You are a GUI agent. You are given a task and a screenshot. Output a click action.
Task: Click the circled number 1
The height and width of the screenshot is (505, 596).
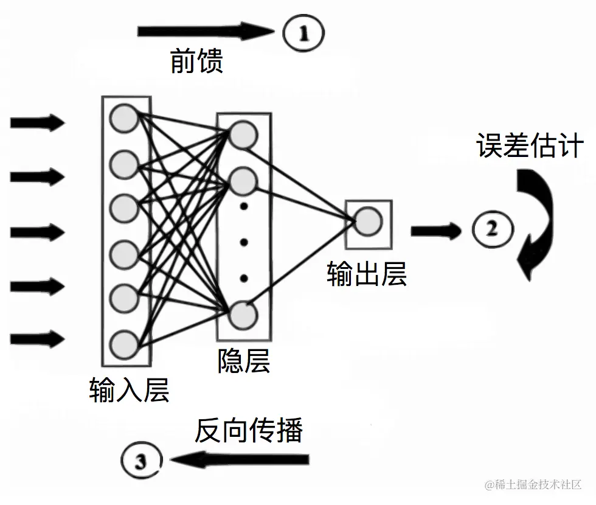click(x=303, y=33)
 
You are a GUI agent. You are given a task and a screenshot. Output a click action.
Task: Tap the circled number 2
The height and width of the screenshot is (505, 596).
click(x=493, y=229)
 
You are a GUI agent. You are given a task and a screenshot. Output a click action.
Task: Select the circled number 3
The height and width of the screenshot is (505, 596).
click(x=141, y=461)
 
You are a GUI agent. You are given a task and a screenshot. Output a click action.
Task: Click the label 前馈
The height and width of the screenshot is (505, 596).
click(x=196, y=61)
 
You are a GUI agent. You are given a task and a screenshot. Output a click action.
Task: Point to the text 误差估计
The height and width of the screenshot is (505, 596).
click(x=530, y=145)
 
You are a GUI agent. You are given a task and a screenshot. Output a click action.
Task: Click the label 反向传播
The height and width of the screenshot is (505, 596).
click(x=249, y=430)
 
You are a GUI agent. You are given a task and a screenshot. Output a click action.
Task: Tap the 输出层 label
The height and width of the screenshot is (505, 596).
click(x=367, y=274)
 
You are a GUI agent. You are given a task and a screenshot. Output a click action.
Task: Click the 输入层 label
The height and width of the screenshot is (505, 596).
click(x=129, y=390)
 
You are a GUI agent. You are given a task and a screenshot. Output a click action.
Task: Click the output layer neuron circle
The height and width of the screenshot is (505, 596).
click(x=368, y=221)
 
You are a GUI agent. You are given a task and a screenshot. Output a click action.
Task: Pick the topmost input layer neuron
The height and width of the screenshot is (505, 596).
click(x=123, y=118)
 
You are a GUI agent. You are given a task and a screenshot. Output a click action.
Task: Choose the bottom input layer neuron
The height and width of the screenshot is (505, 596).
click(x=123, y=344)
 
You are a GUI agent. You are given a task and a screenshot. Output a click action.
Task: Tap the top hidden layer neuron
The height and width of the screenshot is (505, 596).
click(x=243, y=135)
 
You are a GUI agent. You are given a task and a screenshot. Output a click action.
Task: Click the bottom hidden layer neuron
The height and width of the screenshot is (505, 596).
click(x=243, y=315)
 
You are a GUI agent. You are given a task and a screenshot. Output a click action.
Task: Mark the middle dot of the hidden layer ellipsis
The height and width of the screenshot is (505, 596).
click(x=244, y=242)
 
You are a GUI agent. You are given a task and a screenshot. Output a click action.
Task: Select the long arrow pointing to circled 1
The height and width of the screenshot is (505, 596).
click(x=206, y=31)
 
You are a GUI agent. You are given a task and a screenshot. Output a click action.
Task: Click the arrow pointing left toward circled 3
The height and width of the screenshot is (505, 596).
click(x=240, y=460)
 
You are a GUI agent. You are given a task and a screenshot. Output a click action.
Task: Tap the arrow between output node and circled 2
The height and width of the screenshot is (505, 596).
click(x=436, y=231)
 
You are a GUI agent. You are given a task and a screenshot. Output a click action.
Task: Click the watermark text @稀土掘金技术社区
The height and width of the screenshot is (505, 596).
click(x=533, y=484)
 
